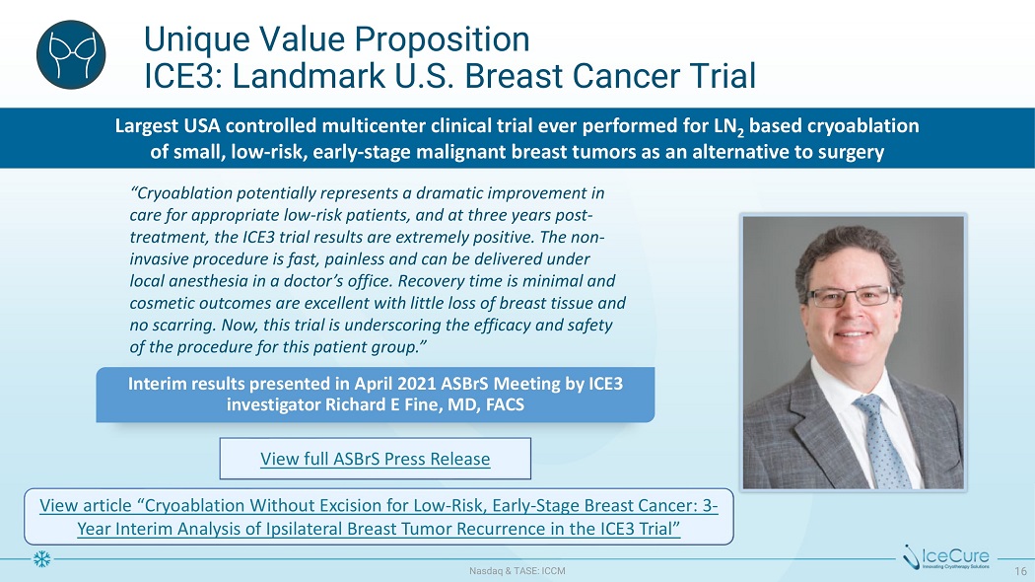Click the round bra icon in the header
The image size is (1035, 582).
click(x=71, y=55)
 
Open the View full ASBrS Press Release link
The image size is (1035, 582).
click(x=375, y=459)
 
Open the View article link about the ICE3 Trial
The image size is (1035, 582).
click(x=379, y=517)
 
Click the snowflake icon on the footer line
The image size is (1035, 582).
click(x=41, y=559)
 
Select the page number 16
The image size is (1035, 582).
click(x=1020, y=571)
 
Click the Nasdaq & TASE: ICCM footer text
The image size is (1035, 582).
click(x=517, y=571)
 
